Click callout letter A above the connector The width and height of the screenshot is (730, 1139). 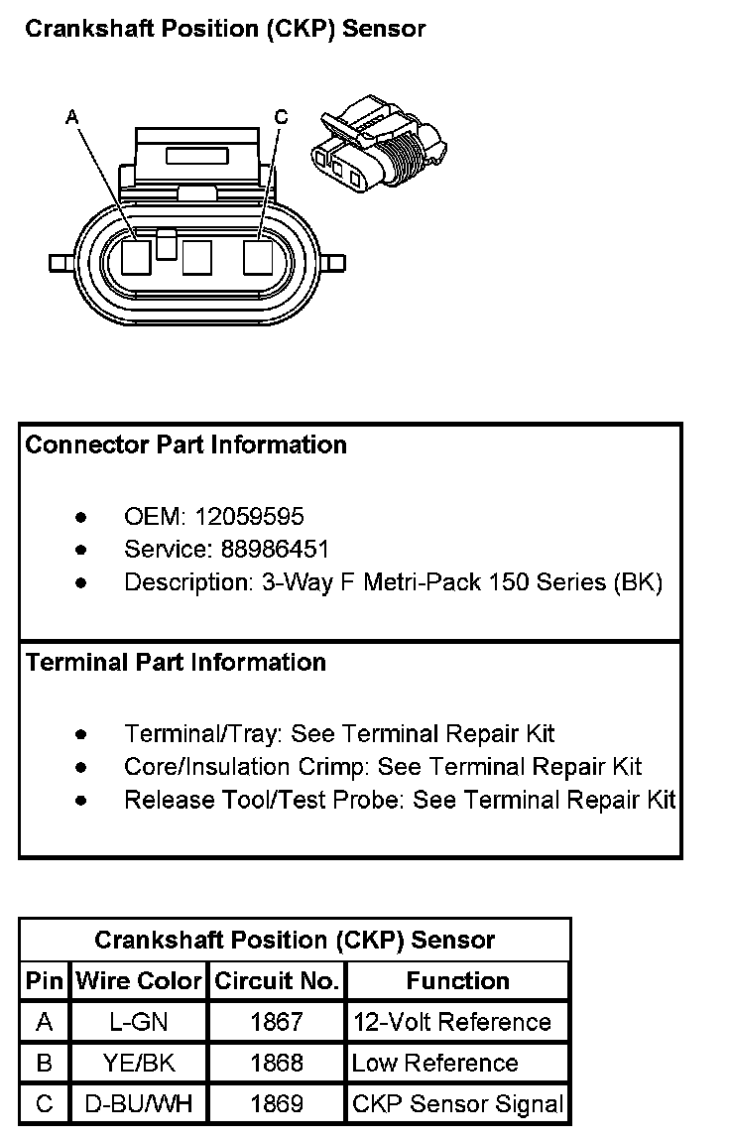coord(71,118)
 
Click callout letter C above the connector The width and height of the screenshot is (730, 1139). coord(281,118)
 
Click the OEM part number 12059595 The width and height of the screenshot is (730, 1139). coord(250,517)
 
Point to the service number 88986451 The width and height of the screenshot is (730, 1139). coord(263,550)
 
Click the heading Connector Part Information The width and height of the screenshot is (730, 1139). coord(185,444)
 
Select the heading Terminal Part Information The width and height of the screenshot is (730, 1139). coord(176,662)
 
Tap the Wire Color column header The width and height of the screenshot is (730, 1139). coord(139,981)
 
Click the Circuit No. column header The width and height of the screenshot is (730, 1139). coord(277,981)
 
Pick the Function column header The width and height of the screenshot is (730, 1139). coord(457,981)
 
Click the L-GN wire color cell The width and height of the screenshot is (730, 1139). coord(139,1022)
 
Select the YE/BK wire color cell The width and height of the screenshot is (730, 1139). coord(139,1064)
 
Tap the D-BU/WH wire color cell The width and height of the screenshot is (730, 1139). coord(139,1104)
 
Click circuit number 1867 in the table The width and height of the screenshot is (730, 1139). coord(277,1022)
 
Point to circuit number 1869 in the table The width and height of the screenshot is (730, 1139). coord(277,1104)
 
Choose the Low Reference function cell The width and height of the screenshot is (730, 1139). coord(434,1064)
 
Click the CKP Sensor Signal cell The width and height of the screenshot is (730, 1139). coord(457,1104)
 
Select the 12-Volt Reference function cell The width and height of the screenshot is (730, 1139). coord(451,1022)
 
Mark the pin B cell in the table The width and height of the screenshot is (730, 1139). coord(45,1064)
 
